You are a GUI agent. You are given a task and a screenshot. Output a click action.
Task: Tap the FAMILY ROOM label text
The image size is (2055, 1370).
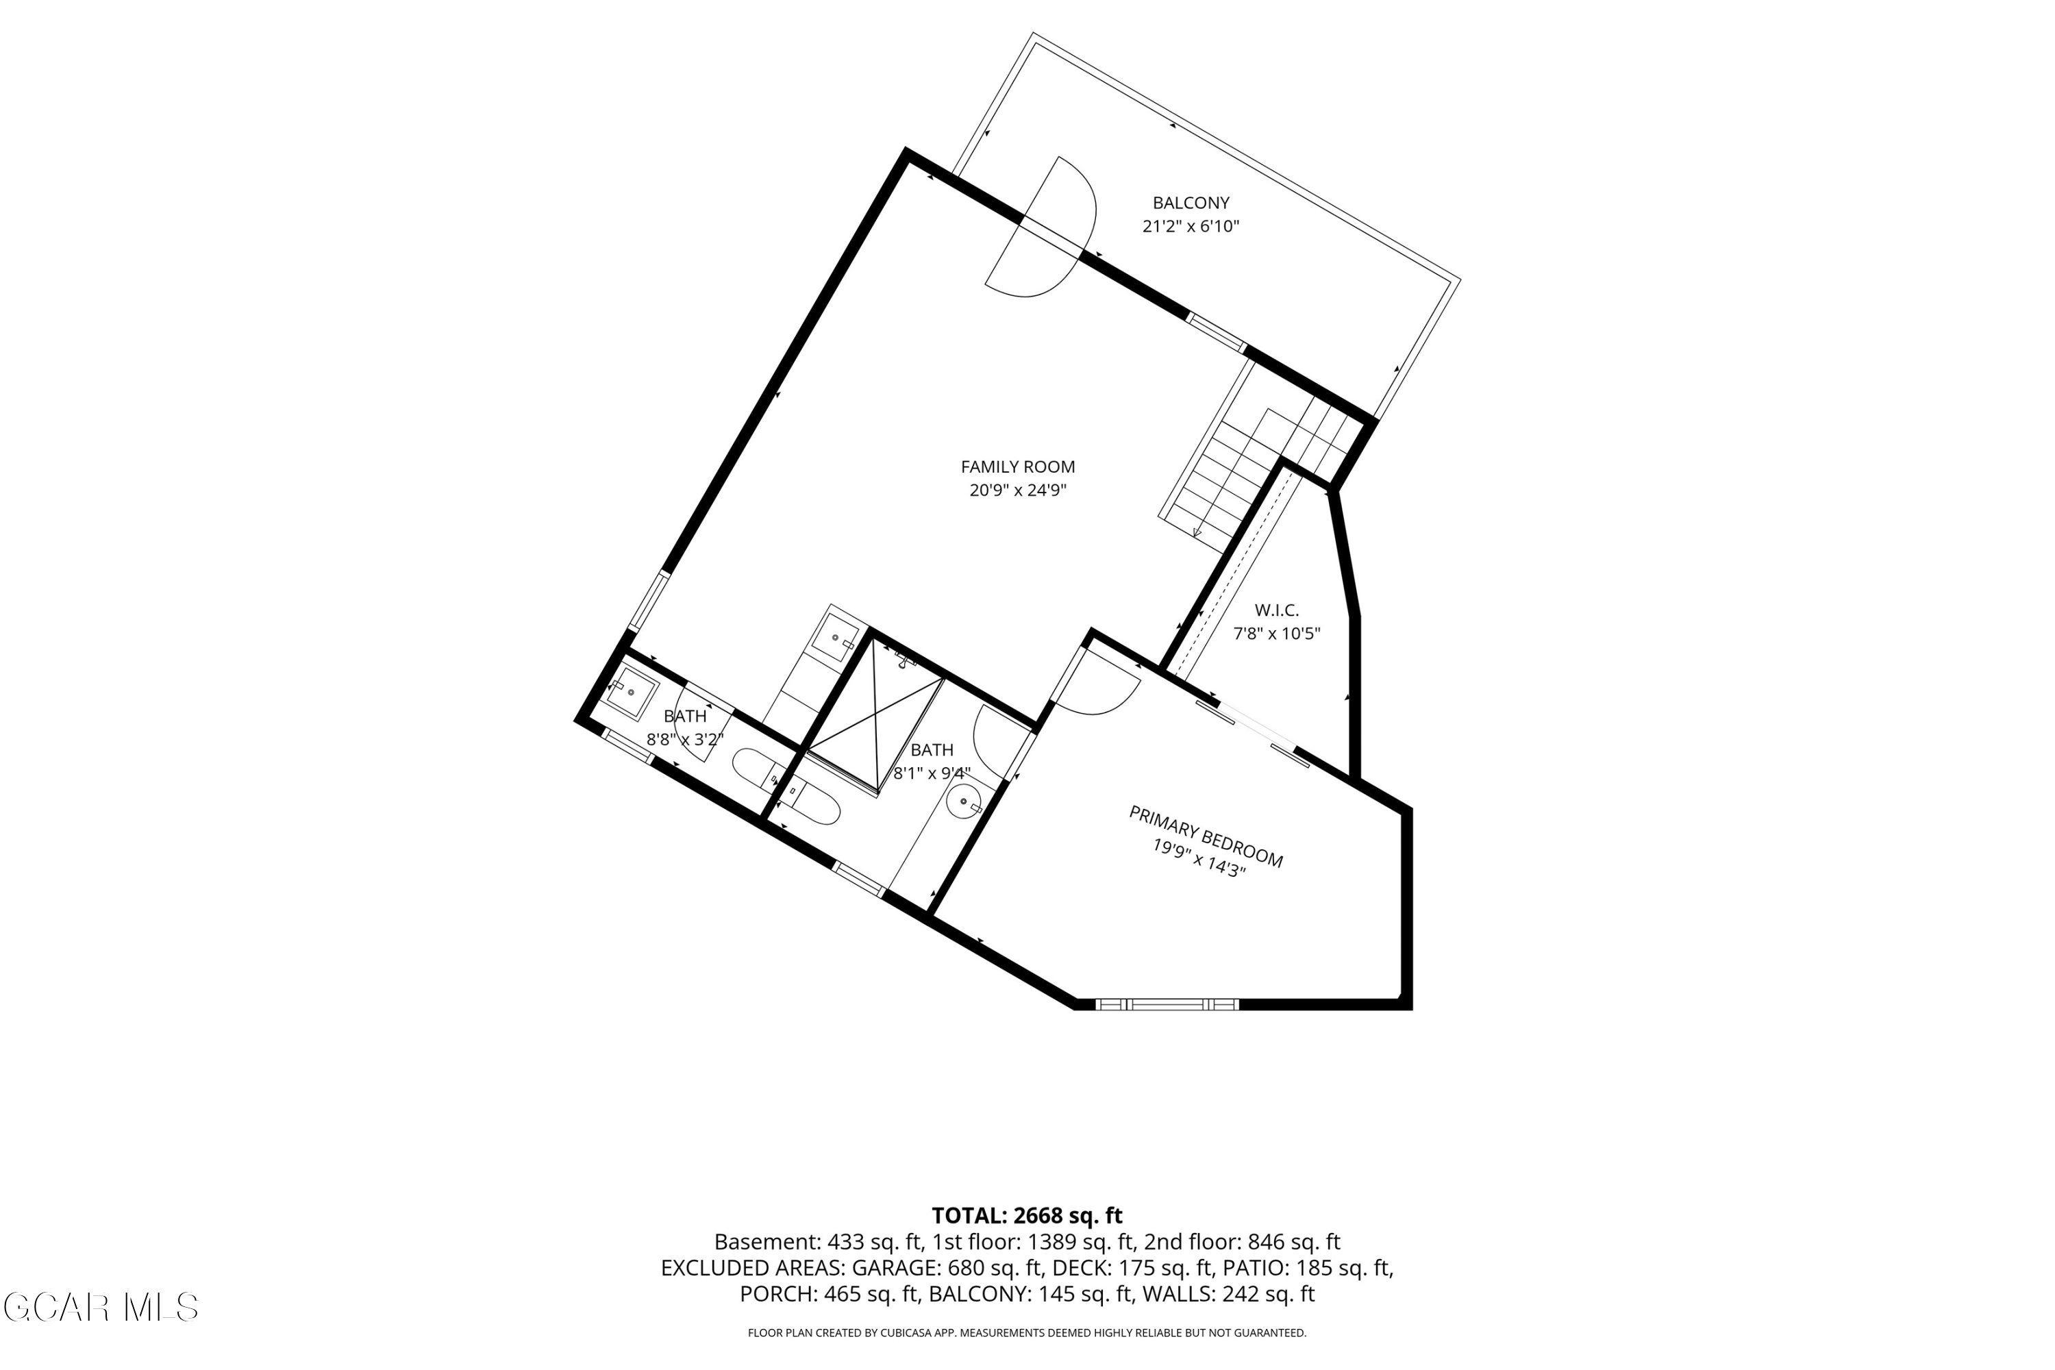[1018, 466]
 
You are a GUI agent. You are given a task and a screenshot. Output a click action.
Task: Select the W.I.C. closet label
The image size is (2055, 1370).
[1277, 610]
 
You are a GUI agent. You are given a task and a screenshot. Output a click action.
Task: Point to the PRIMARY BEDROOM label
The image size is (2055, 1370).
[1206, 836]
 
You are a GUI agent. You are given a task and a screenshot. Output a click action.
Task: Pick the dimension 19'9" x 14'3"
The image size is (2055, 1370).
[1198, 858]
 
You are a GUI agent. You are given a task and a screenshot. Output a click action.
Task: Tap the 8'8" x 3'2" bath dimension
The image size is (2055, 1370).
[685, 739]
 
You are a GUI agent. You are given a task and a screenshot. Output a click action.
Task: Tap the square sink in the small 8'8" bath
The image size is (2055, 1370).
[631, 692]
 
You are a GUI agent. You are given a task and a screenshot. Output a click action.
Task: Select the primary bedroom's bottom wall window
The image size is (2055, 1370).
[1167, 1005]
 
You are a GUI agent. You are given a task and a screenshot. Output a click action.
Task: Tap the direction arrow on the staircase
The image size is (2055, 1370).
[1197, 532]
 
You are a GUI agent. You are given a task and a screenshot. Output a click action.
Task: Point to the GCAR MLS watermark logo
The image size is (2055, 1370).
[101, 1307]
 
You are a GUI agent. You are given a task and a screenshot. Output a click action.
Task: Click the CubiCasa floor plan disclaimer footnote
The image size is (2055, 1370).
[1027, 1332]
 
